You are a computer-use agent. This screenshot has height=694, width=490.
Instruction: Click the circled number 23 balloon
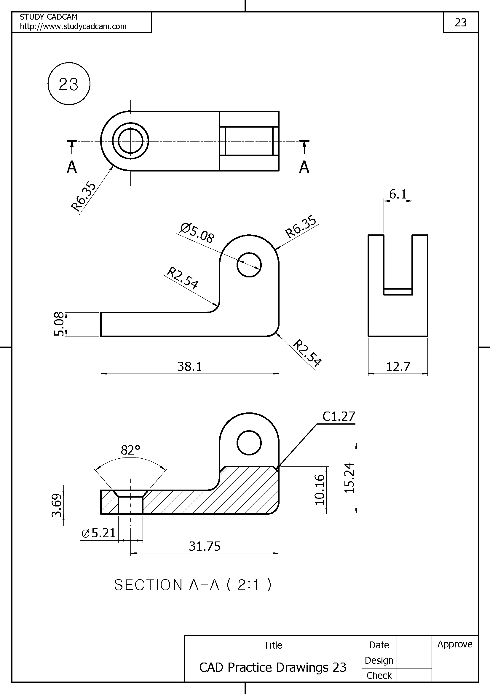pos(69,84)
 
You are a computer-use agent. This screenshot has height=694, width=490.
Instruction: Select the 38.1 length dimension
pos(189,366)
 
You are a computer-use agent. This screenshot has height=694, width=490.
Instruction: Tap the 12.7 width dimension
pos(398,367)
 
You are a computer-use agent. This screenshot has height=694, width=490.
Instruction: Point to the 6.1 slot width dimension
pos(398,194)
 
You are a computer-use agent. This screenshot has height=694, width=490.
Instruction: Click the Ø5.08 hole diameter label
pos(197,233)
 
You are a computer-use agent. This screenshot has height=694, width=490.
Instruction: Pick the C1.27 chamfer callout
pos(339,417)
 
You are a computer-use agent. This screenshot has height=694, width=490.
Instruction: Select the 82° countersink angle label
pos(130,450)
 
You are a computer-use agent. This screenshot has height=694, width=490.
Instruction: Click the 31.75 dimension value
pos(205,546)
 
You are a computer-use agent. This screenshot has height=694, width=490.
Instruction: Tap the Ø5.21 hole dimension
pos(99,533)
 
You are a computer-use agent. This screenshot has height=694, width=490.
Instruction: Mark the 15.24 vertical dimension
pos(349,478)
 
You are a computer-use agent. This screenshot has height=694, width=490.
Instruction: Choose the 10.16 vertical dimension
pos(320,490)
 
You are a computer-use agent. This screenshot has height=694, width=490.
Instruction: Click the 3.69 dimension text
pos(57,505)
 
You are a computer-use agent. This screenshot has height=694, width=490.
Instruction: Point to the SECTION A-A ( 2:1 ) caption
pos(193,585)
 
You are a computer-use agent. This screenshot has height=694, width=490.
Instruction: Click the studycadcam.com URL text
pos(73,26)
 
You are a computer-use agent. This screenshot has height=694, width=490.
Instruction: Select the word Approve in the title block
pos(455,644)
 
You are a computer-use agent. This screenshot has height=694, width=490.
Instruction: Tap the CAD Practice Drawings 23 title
pos(272,667)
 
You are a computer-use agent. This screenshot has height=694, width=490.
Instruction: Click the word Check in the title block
pos(379,675)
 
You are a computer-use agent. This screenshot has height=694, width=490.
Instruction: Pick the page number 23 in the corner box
pos(461,22)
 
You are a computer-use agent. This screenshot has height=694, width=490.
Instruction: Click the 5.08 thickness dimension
pos(59,324)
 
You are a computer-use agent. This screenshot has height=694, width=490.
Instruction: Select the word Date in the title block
pos(379,645)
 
